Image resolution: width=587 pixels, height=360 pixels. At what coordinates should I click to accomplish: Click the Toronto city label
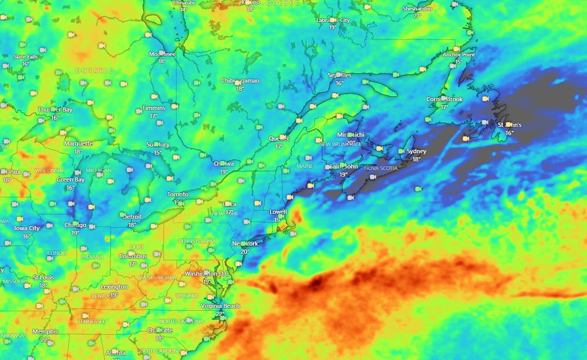coord(178,194)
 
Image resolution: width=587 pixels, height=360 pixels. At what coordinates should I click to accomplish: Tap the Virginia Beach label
coord(220,306)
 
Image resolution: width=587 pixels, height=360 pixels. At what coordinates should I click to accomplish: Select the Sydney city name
coord(416,151)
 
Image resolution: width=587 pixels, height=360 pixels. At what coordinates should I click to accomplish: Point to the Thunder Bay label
coord(55,110)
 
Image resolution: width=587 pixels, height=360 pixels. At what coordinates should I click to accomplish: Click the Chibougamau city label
coord(240,80)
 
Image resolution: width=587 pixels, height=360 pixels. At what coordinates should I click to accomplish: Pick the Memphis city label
coord(45,332)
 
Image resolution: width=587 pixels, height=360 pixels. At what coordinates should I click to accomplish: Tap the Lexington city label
coord(114,287)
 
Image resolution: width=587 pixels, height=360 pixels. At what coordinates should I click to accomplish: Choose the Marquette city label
coord(78,143)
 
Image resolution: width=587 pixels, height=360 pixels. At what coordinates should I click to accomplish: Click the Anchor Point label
coord(459,55)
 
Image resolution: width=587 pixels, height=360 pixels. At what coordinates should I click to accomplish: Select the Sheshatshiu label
coord(417,9)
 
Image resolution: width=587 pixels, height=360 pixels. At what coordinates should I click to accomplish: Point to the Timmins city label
coord(153,108)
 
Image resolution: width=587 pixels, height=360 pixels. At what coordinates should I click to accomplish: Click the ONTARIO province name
coord(95,70)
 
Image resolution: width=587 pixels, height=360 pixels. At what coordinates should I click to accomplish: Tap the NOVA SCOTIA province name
coord(381,168)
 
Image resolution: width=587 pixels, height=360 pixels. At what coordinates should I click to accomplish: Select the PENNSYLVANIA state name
coord(197,241)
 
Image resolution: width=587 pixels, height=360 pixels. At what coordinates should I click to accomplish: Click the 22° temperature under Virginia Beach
coord(220,314)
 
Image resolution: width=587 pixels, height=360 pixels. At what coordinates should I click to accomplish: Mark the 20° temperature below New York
coord(245,251)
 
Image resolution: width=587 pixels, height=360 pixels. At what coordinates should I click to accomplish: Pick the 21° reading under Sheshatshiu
coord(417,16)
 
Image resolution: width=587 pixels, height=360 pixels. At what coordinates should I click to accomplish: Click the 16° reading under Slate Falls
coord(26,64)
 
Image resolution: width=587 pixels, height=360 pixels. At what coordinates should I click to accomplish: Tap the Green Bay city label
coord(70,180)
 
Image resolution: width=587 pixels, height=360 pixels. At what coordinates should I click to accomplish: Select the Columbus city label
coord(133,256)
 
